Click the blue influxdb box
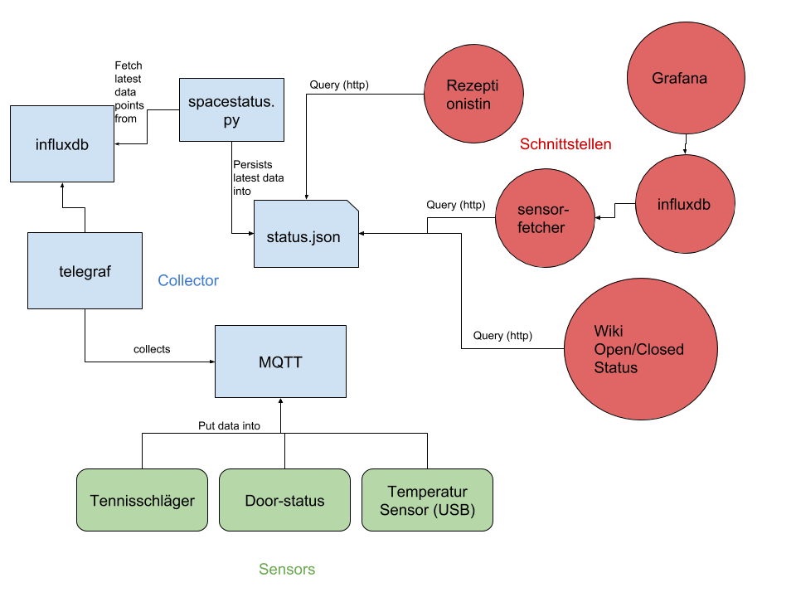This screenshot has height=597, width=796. [62, 143]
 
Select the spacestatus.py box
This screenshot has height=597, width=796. [231, 109]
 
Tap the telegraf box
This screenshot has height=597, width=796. [85, 270]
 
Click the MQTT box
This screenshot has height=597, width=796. [280, 362]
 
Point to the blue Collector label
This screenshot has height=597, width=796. [188, 281]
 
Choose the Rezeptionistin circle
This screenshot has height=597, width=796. [473, 94]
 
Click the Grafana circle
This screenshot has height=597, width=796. [685, 77]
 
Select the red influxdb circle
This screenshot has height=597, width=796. [685, 204]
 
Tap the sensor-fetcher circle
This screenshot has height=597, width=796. [544, 218]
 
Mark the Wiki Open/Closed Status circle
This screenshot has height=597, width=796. [640, 349]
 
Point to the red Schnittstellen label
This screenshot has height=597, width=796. [565, 144]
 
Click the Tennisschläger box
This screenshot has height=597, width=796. [142, 500]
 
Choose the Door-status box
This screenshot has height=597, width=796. [284, 500]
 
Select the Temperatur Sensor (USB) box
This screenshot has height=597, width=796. [427, 500]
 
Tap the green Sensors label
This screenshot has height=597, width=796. [287, 570]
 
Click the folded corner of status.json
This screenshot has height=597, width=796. [352, 206]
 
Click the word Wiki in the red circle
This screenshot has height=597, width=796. [608, 332]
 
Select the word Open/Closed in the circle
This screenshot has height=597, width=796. [638, 349]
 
